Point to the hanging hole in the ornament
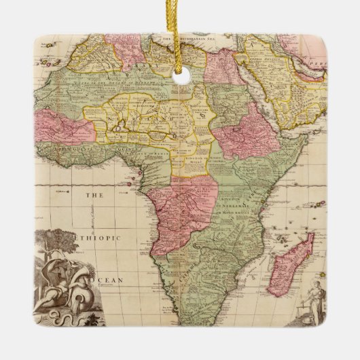pos(181,76)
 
